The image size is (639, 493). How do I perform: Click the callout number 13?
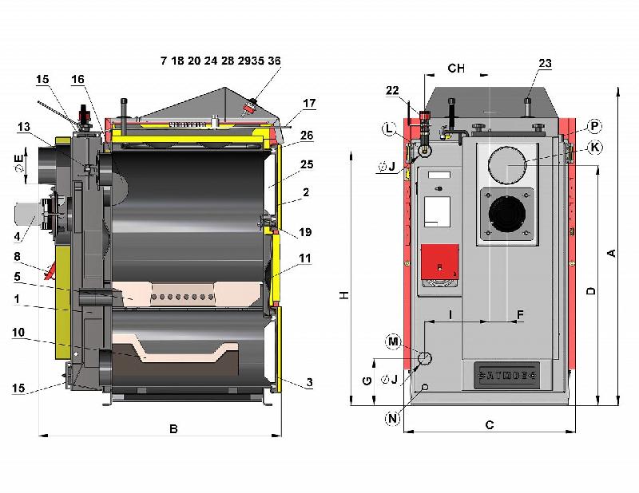pyautogui.click(x=23, y=126)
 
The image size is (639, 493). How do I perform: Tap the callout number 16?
pyautogui.click(x=77, y=79)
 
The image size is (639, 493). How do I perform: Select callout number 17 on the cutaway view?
pyautogui.click(x=309, y=103)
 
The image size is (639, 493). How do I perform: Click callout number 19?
pyautogui.click(x=306, y=232)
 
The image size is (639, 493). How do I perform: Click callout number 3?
pyautogui.click(x=308, y=383)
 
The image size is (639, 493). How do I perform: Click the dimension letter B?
pyautogui.click(x=173, y=428)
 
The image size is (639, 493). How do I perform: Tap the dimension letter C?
pyautogui.click(x=490, y=425)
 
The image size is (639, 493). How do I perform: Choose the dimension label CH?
pyautogui.click(x=456, y=69)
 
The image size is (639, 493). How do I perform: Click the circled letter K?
pyautogui.click(x=593, y=147)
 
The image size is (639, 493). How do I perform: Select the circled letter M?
pyautogui.click(x=392, y=341)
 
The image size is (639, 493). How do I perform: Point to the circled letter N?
pyautogui.click(x=392, y=418)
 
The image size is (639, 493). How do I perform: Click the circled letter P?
pyautogui.click(x=593, y=126)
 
